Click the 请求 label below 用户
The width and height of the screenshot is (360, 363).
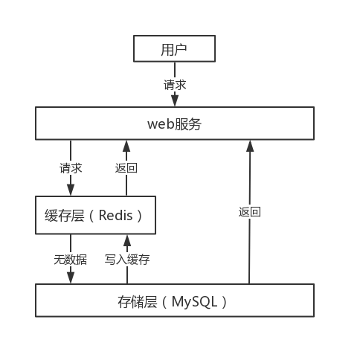[175, 85]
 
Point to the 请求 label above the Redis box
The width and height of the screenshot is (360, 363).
[71, 168]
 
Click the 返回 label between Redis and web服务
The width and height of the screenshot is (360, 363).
[126, 168]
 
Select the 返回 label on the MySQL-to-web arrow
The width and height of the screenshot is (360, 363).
[250, 212]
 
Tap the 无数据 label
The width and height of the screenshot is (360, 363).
[71, 260]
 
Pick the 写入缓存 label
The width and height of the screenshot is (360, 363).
[127, 260]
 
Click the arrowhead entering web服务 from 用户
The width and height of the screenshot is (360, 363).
[175, 101]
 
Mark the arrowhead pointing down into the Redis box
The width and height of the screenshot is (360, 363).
[71, 190]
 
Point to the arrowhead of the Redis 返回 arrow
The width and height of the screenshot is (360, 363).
[126, 146]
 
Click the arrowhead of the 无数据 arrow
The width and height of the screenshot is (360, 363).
[71, 278]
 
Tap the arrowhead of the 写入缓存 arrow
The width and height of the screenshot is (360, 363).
[127, 240]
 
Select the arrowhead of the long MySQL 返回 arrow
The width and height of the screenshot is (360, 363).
[250, 146]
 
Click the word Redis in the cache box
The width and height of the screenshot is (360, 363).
[115, 215]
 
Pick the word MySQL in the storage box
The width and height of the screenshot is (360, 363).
[194, 302]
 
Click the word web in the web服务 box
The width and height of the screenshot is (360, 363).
[161, 123]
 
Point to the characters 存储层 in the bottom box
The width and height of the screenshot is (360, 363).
[138, 302]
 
